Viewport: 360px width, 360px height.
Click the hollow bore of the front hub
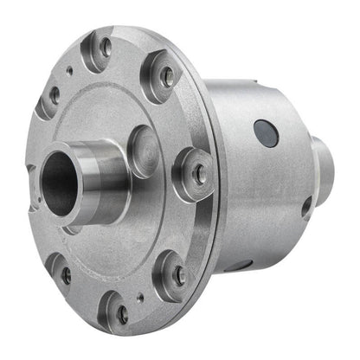pos(60,183)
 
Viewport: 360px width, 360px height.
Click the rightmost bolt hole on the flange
pos(198,174)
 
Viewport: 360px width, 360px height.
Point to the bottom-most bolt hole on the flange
pos(122,314)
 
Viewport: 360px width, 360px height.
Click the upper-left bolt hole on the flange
pos(54,95)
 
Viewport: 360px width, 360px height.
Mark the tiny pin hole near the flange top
pos(69,71)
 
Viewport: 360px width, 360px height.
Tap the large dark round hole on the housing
pos(265,132)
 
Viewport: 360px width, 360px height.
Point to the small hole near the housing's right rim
pos(306,207)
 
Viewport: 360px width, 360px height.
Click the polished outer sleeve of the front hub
pos(103,182)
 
